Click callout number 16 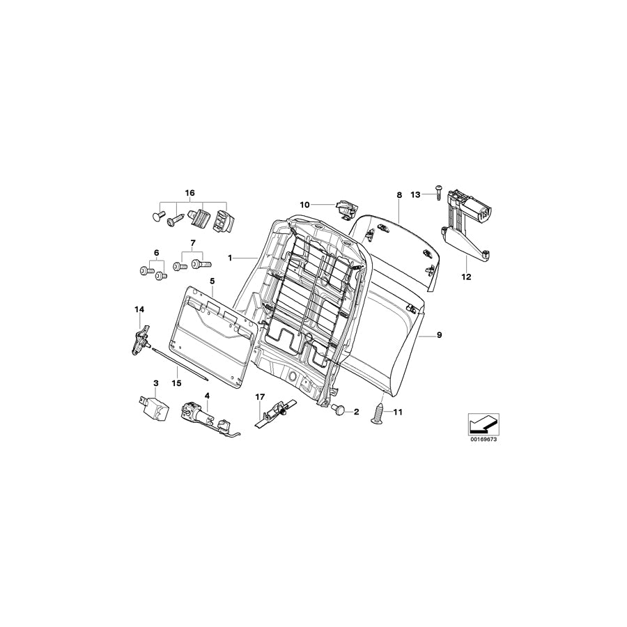tap(190, 192)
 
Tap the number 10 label tap(304, 204)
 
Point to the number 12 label tap(466, 277)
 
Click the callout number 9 tap(439, 336)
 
